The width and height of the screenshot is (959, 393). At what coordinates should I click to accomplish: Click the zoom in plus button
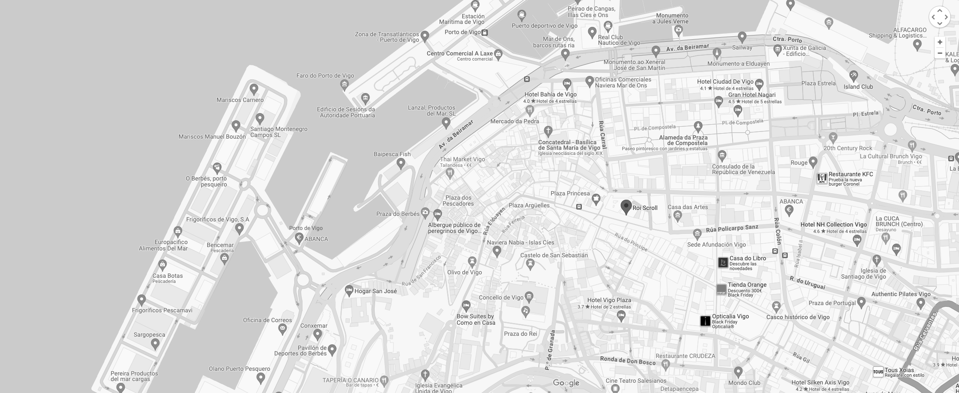coord(940,42)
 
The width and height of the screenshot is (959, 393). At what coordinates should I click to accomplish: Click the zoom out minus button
coord(940,53)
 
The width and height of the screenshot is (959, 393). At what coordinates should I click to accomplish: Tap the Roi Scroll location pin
coord(626,207)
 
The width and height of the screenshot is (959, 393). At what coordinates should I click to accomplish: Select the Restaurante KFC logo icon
coord(822,179)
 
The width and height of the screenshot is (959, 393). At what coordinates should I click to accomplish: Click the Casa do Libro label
coord(748,258)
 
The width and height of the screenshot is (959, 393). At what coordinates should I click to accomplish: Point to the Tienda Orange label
coord(747,285)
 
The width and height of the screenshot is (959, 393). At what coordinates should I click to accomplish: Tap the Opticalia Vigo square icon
coord(705,321)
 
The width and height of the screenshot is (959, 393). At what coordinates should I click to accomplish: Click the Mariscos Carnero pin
coord(254,89)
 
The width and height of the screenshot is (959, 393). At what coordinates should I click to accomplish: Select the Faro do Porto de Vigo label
coord(325,76)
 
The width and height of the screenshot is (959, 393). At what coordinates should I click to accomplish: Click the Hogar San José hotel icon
coord(349,291)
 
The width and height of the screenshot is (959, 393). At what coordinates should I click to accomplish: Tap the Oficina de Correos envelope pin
coord(282,329)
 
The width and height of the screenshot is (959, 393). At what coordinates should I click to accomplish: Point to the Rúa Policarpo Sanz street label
coord(732,229)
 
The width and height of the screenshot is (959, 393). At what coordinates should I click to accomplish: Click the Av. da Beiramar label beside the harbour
coord(456,134)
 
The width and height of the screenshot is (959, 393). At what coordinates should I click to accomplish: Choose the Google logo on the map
coord(566,383)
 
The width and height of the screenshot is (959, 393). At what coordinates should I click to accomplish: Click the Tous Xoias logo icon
coord(878,372)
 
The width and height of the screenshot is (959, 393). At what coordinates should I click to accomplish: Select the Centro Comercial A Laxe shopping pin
coord(498,54)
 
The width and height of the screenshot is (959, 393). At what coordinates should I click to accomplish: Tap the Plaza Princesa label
coord(570,193)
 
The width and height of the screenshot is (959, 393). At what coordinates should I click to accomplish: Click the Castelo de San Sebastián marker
coord(530,265)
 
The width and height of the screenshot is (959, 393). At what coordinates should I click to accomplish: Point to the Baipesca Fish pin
coord(401,163)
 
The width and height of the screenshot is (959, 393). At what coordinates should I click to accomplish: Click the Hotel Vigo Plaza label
coord(609,300)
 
